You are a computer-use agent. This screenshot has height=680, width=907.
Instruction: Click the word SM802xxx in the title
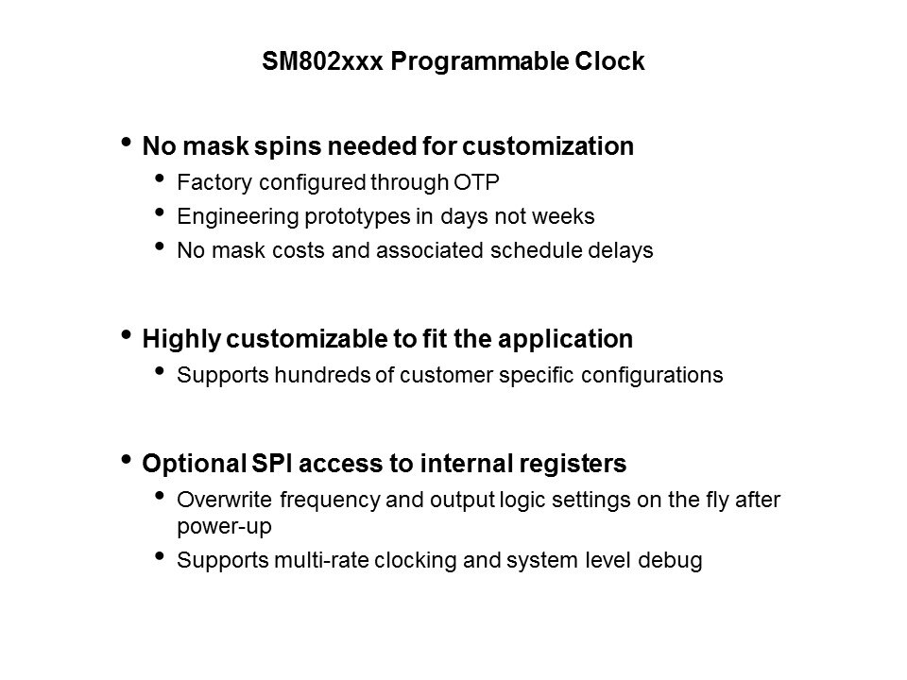click(322, 61)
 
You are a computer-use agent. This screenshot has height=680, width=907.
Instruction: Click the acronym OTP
click(476, 182)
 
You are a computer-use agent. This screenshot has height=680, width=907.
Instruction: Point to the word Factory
click(214, 182)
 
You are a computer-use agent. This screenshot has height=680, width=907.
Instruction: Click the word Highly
click(181, 340)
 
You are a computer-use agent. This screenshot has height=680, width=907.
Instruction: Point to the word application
click(565, 340)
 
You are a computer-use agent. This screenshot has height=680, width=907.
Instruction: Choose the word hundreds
click(322, 375)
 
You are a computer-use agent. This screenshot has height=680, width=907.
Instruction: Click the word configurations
click(652, 376)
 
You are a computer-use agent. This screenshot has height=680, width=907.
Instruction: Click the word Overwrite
click(225, 500)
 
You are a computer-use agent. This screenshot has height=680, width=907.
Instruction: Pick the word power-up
click(225, 527)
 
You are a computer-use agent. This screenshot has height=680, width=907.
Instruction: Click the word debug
click(671, 561)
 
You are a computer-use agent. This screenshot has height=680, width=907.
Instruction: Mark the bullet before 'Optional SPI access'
click(126, 460)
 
